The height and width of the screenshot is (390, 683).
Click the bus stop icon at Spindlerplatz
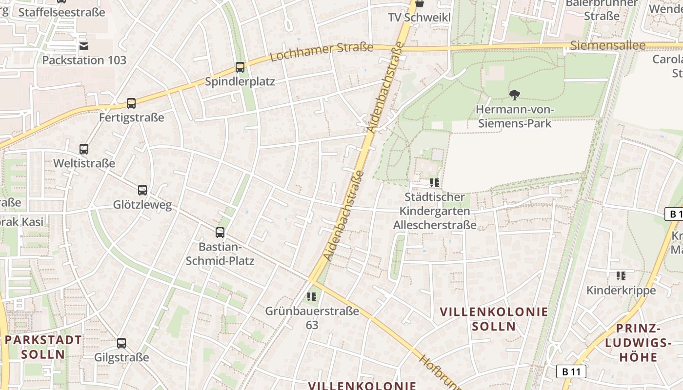coord(240,67)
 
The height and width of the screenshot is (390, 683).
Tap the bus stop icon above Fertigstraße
coord(131,103)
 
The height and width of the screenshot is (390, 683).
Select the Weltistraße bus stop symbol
coord(84,149)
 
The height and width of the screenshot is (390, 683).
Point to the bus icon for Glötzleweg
coord(142,190)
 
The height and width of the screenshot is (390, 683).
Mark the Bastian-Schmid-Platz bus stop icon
coord(220,233)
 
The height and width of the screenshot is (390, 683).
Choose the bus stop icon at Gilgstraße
coord(121,343)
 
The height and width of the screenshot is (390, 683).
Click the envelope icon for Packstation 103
coord(84,46)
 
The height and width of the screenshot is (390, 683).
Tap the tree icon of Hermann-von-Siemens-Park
coord(514,95)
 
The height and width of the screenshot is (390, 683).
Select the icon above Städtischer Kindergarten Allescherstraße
coord(435,183)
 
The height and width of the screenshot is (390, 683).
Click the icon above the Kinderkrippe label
coord(621,276)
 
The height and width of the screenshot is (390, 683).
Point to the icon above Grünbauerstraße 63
coord(312,296)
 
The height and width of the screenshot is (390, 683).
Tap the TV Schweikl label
coord(419,18)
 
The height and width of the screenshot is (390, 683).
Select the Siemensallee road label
coord(607,46)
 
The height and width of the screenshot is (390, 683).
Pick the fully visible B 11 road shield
coord(571,371)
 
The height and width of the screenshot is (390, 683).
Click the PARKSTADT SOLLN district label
coord(43,347)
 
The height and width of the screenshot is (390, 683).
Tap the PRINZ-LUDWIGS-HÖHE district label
coord(638,343)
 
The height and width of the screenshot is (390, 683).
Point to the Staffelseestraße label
coord(61,13)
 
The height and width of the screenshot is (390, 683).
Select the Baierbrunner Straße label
coord(602,9)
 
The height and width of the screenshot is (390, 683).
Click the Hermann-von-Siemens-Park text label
coord(515,116)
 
